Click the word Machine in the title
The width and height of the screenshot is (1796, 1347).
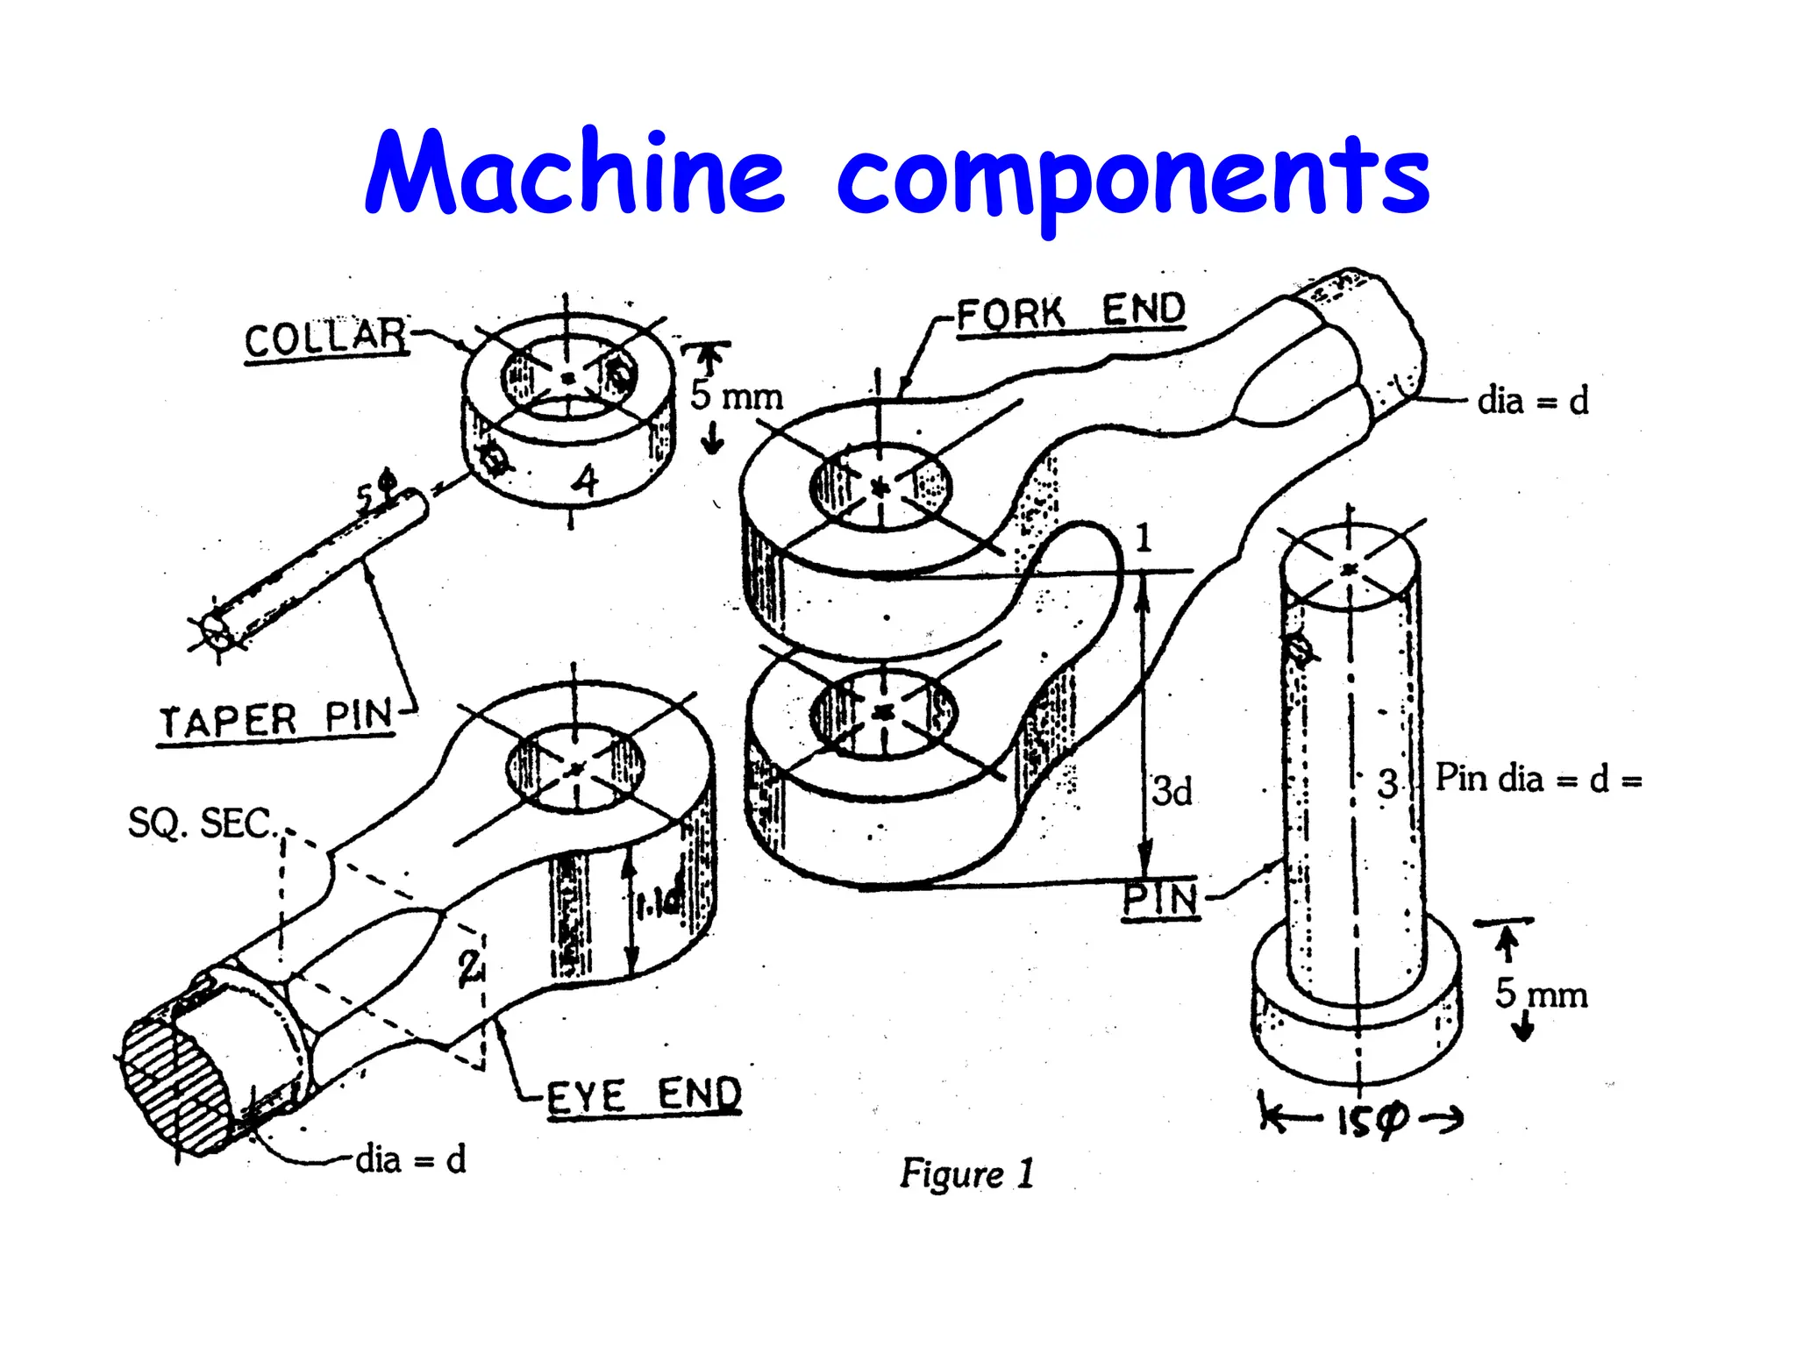coord(574,173)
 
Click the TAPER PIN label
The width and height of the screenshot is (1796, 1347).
coord(275,720)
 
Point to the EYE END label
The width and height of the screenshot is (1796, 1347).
coord(644,1095)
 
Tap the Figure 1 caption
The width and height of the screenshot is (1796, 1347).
coord(966,1173)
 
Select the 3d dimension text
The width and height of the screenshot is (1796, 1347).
coord(1172,791)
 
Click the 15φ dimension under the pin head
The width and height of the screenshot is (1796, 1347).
coord(1371,1120)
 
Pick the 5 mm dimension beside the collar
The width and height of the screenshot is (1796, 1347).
coord(735,396)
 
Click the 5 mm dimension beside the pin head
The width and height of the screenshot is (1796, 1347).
coord(1541,994)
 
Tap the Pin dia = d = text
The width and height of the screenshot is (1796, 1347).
coord(1537,779)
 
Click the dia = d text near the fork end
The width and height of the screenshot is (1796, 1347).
coord(1532,401)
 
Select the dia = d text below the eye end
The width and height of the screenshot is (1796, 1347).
coord(410,1159)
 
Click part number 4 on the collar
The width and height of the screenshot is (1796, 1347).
coord(584,480)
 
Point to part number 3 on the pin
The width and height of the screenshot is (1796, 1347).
coord(1386,783)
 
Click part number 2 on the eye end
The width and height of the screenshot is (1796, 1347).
coord(469,966)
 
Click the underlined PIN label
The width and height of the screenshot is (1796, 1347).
coord(1160,899)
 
